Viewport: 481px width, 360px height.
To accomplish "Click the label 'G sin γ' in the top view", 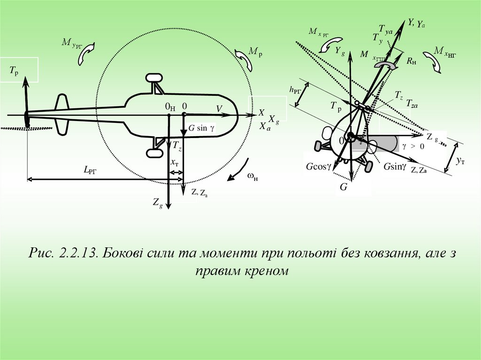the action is (201, 128).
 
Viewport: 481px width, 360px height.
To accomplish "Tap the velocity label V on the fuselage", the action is (219, 109).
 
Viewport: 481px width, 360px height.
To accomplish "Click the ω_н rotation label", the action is (252, 176).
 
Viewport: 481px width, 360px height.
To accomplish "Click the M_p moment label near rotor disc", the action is (256, 52).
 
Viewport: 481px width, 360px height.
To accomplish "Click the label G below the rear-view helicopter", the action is (343, 187).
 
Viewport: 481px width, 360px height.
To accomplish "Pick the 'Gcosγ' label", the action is (319, 167).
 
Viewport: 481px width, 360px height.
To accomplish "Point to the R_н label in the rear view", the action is (411, 61).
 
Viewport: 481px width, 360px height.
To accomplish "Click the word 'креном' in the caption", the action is (264, 272).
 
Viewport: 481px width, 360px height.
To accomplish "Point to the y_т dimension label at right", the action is (461, 161).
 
